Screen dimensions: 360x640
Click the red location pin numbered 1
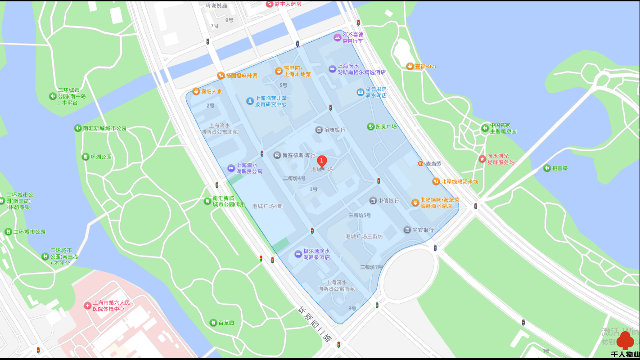click(x=322, y=161)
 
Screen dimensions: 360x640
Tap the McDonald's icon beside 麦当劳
click(x=421, y=163)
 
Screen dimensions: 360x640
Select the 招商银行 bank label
click(x=334, y=130)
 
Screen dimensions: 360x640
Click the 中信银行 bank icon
click(x=373, y=201)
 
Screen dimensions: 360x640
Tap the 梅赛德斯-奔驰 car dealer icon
click(x=277, y=155)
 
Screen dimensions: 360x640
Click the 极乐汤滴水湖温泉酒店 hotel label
click(x=316, y=254)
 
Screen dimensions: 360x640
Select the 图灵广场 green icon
click(x=370, y=127)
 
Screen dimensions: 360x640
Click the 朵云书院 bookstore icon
click(x=361, y=92)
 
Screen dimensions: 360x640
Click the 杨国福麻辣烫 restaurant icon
click(x=221, y=76)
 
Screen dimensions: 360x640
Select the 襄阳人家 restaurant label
click(x=211, y=91)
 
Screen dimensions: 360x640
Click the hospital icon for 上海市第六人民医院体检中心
click(x=87, y=306)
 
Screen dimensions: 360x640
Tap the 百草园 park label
click(x=226, y=323)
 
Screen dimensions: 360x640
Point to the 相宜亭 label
click(x=560, y=168)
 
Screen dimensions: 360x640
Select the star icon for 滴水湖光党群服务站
click(x=482, y=159)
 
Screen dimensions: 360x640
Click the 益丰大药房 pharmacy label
click(x=288, y=4)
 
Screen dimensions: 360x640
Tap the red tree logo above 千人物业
click(x=626, y=341)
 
